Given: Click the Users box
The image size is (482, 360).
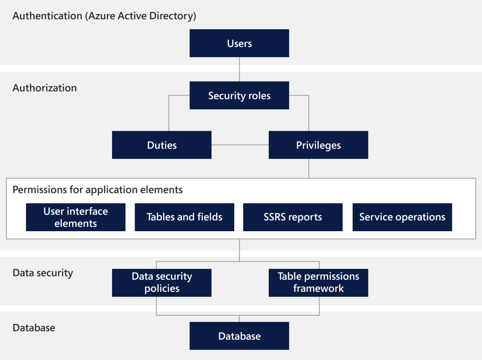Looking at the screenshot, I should pyautogui.click(x=239, y=43).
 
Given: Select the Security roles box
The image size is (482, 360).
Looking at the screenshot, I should pyautogui.click(x=239, y=96).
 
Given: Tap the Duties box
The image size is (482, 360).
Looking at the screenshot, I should pyautogui.click(x=161, y=145).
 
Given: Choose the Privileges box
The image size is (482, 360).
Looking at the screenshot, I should pyautogui.click(x=318, y=145).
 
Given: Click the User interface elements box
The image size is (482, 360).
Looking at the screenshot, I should pyautogui.click(x=76, y=217).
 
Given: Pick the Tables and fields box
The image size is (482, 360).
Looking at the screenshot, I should pyautogui.click(x=184, y=217).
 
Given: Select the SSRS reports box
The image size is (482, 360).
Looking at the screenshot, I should pyautogui.click(x=293, y=217).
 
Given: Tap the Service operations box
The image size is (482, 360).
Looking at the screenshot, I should pyautogui.click(x=402, y=217).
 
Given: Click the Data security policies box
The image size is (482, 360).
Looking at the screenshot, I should pyautogui.click(x=161, y=283).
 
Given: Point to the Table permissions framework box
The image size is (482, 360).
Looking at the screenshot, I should pyautogui.click(x=318, y=283).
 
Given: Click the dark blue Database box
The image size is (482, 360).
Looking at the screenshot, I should pyautogui.click(x=239, y=336).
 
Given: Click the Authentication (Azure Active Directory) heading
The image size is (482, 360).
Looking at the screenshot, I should pyautogui.click(x=104, y=16).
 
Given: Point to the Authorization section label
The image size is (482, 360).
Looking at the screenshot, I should pyautogui.click(x=45, y=88).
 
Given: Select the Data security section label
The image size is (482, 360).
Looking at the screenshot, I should pyautogui.click(x=43, y=273).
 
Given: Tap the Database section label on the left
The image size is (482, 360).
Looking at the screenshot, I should pyautogui.click(x=34, y=327).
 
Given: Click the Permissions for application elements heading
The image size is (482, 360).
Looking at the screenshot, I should pyautogui.click(x=98, y=189).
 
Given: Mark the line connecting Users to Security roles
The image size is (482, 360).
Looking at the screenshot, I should pyautogui.click(x=239, y=69).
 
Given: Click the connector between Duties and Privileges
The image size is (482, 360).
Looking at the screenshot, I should pyautogui.click(x=240, y=145).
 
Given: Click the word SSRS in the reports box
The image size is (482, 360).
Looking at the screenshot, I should pyautogui.click(x=275, y=217).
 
